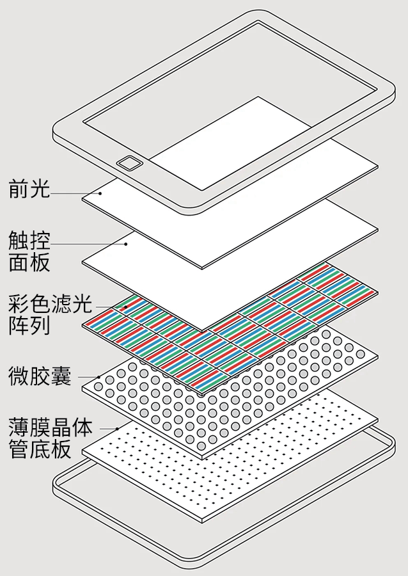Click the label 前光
pos(29,189)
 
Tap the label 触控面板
pos(29,252)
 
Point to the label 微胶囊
pos(40,375)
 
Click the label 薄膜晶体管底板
pos(50,438)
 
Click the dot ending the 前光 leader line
pos(100,192)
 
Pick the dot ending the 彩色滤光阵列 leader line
pos(125,307)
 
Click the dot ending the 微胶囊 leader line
pos(99,376)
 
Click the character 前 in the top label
pos(19,189)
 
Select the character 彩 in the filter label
pos(19,302)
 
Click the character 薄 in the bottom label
pos(19,427)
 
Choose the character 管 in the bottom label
pos(19,449)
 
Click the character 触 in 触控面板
pos(19,241)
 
